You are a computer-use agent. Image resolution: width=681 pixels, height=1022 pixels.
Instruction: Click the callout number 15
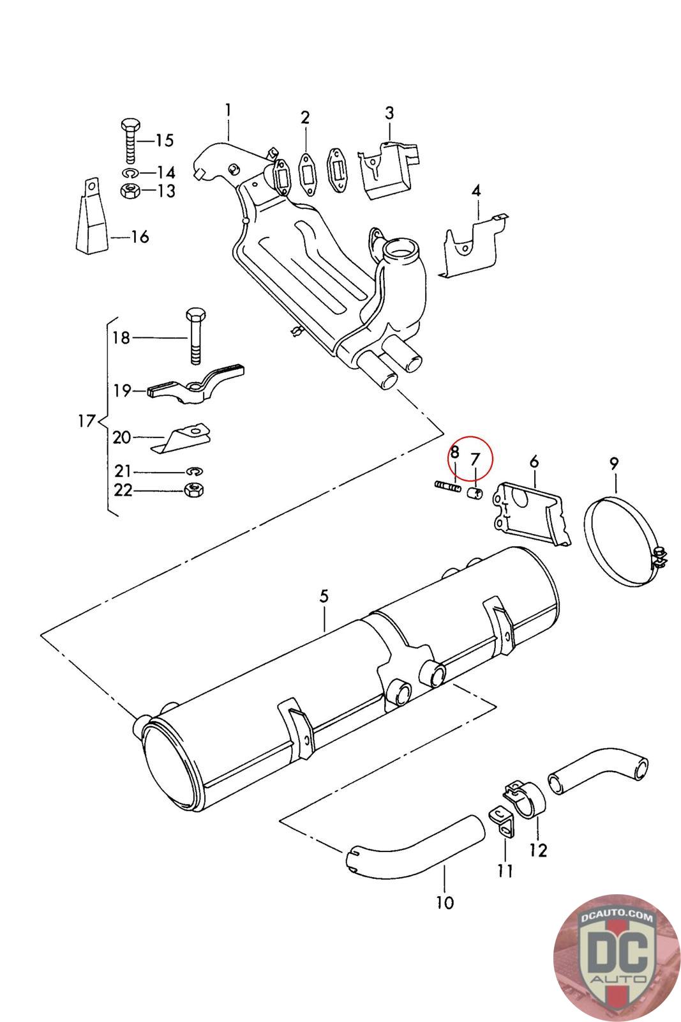click(x=165, y=140)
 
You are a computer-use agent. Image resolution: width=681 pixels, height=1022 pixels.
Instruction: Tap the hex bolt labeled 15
click(x=131, y=141)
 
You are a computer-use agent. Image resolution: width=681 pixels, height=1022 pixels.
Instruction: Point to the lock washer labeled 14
click(x=131, y=172)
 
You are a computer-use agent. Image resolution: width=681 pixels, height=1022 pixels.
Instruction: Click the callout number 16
click(x=140, y=236)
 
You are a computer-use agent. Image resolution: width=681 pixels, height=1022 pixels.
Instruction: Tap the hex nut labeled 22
click(x=194, y=490)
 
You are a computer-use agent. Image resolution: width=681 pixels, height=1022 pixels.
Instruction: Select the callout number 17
click(x=86, y=420)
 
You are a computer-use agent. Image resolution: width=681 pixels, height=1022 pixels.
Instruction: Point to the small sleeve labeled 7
click(x=475, y=492)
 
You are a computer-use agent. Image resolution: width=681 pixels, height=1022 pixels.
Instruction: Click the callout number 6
click(x=534, y=461)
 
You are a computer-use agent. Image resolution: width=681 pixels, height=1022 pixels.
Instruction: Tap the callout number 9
click(x=614, y=464)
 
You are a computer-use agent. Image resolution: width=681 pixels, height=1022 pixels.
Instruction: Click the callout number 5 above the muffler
click(x=324, y=596)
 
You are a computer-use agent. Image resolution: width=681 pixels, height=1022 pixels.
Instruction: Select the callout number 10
click(x=445, y=902)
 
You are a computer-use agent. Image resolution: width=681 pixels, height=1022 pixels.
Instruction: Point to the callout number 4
click(x=476, y=191)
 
